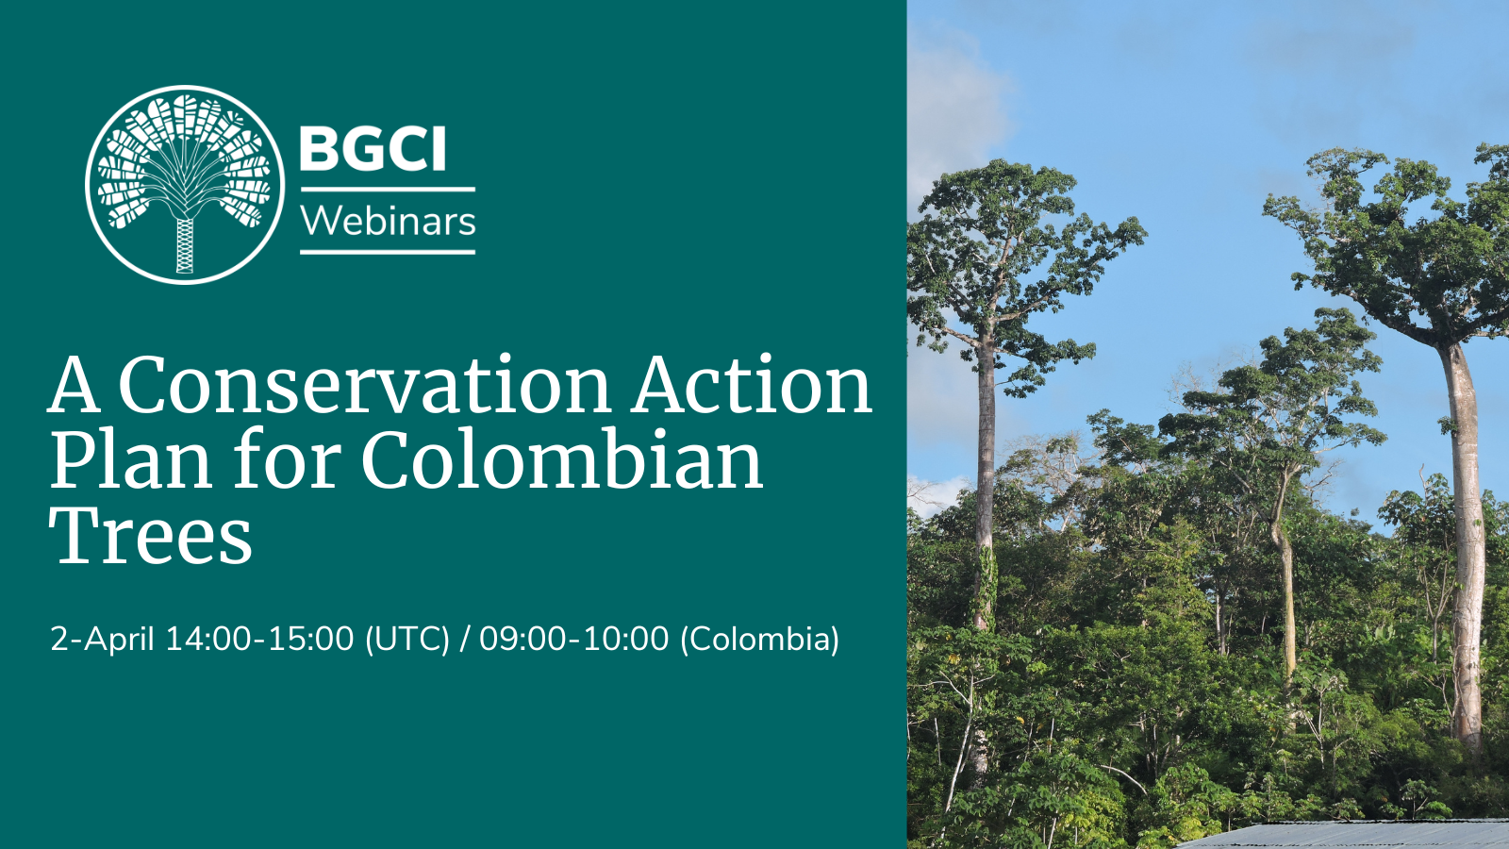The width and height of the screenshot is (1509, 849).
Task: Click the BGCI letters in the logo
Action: coord(373,150)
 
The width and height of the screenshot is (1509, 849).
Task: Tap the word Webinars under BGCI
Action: coord(388,222)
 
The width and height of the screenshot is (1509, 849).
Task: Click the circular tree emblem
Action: coord(185,184)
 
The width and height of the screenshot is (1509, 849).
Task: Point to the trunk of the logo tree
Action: coord(185,245)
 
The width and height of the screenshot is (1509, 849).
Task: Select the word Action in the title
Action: coord(752,386)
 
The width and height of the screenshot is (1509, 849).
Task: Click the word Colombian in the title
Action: coord(562,461)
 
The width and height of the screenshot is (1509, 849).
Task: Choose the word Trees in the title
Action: coord(151,537)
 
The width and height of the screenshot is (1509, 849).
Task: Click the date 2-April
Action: coord(102,640)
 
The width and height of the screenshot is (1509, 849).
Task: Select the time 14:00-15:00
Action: coord(259,640)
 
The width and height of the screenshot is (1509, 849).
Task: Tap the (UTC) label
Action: coord(407,640)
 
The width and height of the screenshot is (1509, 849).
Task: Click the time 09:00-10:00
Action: coord(573,640)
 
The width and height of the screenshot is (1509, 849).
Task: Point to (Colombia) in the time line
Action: coord(759,640)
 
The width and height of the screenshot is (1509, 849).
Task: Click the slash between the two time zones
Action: coord(464,640)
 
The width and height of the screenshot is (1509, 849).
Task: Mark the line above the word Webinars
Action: coord(388,190)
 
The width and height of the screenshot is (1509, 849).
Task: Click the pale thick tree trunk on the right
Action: coord(1464,547)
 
